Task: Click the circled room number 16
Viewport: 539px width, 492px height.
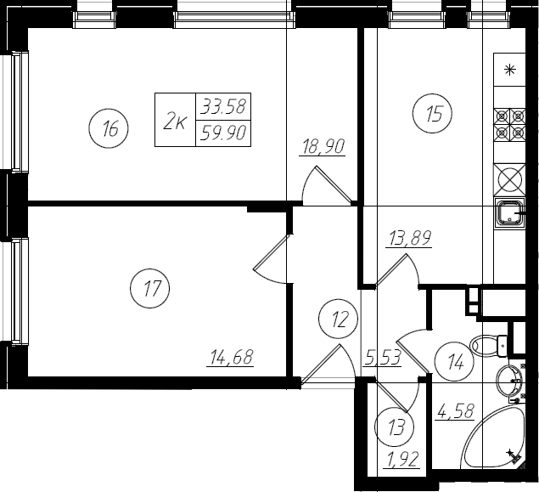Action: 109,128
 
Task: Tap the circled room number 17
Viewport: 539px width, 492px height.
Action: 150,288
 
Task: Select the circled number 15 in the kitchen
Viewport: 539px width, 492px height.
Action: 432,113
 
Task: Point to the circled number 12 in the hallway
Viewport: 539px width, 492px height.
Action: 338,319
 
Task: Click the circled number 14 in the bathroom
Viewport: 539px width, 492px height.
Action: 454,362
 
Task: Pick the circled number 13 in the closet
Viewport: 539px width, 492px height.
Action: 395,427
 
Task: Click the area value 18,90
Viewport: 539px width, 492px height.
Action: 323,147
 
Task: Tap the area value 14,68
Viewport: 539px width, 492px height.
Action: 230,357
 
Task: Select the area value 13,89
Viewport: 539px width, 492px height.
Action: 409,238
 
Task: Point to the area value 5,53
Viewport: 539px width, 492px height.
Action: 383,358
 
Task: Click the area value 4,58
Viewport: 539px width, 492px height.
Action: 455,411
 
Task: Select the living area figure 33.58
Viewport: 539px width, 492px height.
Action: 223,106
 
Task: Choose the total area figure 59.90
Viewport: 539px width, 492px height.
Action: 223,133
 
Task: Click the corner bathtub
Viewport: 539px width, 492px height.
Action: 492,437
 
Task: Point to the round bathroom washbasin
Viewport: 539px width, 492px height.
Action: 509,380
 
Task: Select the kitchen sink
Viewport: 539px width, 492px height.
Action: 510,212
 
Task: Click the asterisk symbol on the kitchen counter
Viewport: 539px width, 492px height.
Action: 510,70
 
